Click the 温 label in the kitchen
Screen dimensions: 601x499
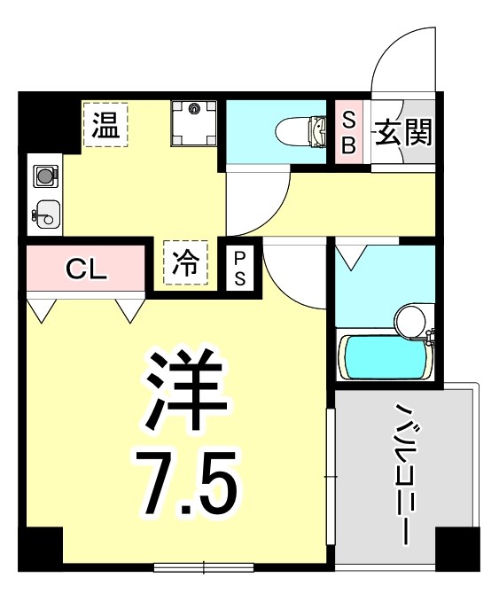pos(106,125)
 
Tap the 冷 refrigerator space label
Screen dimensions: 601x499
pos(185,262)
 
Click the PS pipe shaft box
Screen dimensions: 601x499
pos(241,266)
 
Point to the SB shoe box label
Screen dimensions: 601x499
pos(348,134)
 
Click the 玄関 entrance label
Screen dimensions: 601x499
pos(403,133)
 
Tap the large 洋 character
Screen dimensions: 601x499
pos(187,389)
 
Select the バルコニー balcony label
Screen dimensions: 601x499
pos(407,473)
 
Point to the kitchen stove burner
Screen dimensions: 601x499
pos(43,176)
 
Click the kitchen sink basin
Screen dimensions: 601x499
pos(46,214)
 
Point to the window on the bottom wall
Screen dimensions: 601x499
pos(203,566)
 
